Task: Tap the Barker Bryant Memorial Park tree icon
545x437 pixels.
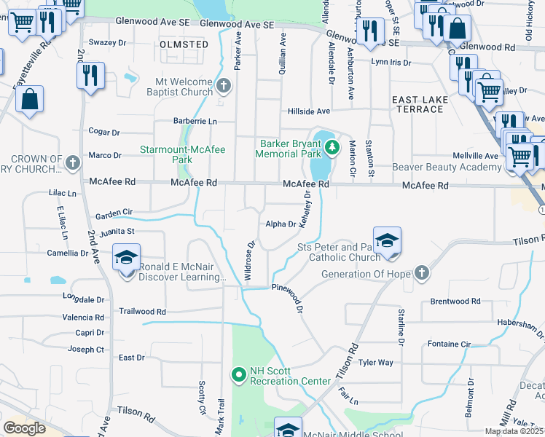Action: pyautogui.click(x=332, y=149)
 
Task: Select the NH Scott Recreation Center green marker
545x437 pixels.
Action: pyautogui.click(x=238, y=375)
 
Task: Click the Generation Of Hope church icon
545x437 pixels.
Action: pyautogui.click(x=421, y=273)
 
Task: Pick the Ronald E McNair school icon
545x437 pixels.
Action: pyautogui.click(x=127, y=260)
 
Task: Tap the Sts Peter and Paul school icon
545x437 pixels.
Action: pyautogui.click(x=387, y=243)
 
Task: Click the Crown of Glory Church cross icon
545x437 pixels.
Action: pyautogui.click(x=72, y=163)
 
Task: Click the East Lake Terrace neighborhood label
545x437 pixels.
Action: pyautogui.click(x=417, y=104)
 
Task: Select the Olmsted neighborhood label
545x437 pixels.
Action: pyautogui.click(x=184, y=44)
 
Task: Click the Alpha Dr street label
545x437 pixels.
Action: pyautogui.click(x=281, y=224)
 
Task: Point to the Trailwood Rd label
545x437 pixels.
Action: pyautogui.click(x=143, y=311)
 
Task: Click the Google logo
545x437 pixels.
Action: pyautogui.click(x=24, y=428)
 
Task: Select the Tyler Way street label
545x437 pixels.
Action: pyautogui.click(x=376, y=362)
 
